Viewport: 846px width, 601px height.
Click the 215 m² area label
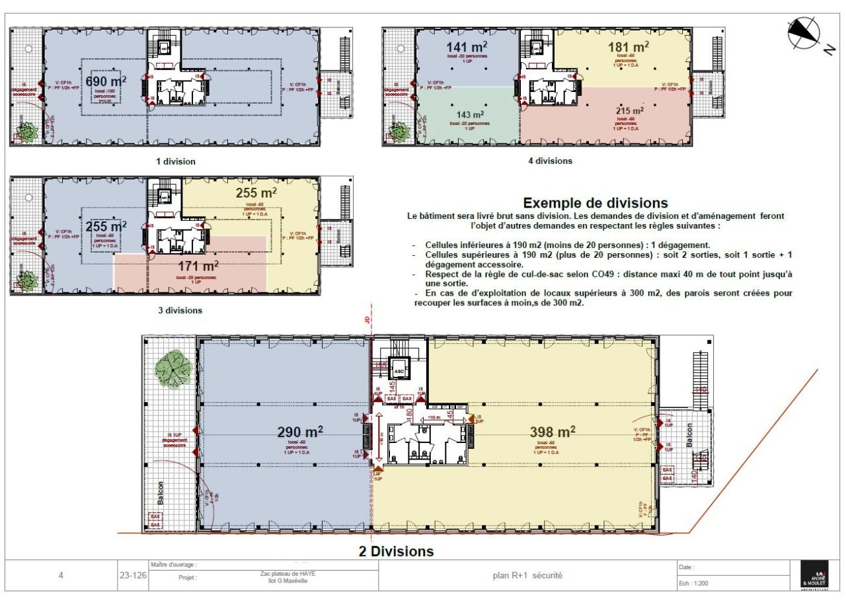point(629,111)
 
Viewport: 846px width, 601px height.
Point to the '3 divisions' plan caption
point(180,309)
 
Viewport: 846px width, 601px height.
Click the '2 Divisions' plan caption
point(396,551)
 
